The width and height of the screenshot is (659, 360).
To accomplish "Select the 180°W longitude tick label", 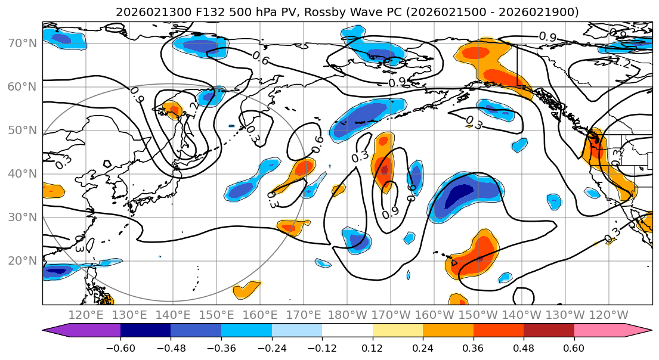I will (348, 315).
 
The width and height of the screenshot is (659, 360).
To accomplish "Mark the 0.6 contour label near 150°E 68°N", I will (260, 58).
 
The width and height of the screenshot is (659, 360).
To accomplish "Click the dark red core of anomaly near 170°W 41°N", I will (384, 170).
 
